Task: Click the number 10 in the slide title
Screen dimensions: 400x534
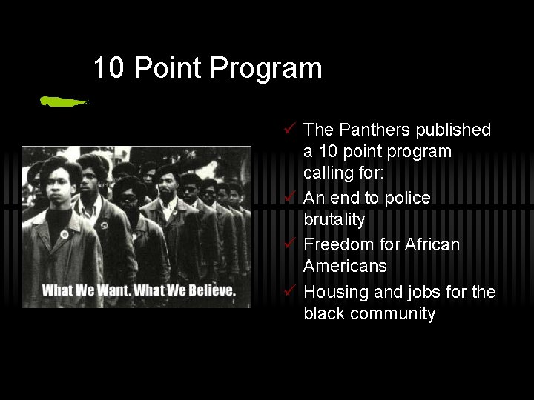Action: [x=108, y=69]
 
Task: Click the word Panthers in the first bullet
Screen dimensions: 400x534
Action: [x=372, y=130]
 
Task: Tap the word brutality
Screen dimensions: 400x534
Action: [x=334, y=220]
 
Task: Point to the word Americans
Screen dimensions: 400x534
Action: [x=345, y=266]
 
